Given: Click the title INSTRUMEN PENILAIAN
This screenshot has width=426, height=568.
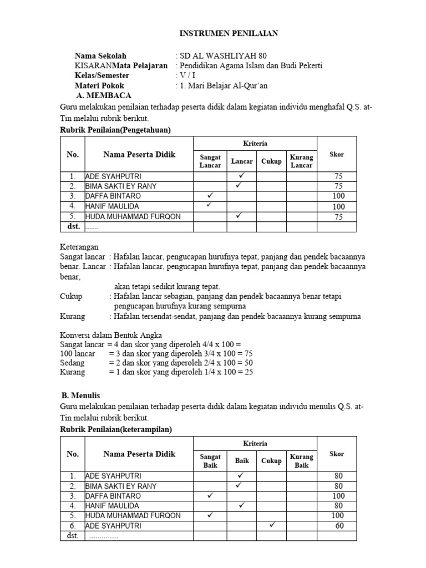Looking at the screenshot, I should (229, 34).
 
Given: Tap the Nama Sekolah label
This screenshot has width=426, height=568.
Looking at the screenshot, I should (100, 56).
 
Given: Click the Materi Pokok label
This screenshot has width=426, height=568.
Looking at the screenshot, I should (99, 85).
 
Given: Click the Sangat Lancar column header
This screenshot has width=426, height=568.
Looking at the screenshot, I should (210, 161).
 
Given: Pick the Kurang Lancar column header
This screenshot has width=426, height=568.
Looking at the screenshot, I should (302, 161).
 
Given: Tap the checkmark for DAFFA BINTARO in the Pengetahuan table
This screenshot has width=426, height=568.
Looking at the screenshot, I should (210, 196).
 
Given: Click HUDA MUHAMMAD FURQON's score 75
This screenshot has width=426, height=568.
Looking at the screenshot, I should (338, 216).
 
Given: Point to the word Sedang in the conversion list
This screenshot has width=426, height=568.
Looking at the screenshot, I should (72, 362).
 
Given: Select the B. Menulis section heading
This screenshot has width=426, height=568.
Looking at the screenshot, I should (80, 395).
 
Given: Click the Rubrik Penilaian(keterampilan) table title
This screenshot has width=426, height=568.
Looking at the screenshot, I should (116, 429).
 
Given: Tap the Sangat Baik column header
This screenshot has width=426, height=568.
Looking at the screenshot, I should (210, 460).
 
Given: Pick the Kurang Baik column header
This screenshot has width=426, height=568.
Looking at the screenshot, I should (302, 460).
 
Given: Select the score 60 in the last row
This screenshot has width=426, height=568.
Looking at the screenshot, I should (339, 526).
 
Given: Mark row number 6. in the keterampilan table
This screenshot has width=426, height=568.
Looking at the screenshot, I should (72, 526).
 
